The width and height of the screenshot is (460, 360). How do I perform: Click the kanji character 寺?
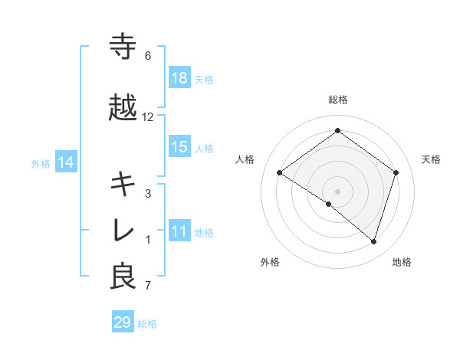click(123, 47)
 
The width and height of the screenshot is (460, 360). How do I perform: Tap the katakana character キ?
click(123, 184)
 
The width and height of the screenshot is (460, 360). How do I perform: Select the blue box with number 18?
click(179, 78)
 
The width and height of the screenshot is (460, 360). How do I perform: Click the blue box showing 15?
click(179, 147)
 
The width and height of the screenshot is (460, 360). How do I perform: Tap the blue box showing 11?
click(179, 231)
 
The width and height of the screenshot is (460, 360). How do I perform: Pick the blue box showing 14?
click(66, 162)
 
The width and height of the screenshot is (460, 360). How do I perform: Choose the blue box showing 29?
click(123, 322)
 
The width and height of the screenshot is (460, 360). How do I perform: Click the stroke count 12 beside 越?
click(148, 117)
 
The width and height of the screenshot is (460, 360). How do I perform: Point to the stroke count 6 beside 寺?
click(148, 56)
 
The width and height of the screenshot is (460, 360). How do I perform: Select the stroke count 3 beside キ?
click(148, 193)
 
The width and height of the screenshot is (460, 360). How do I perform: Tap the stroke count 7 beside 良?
click(148, 286)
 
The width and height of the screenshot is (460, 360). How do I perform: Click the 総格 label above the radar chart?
click(337, 100)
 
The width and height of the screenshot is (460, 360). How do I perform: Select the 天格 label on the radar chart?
click(432, 159)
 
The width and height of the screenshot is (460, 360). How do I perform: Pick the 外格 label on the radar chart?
click(270, 262)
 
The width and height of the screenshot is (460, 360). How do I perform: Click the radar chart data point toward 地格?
click(373, 241)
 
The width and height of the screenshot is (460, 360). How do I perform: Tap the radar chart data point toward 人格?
click(280, 173)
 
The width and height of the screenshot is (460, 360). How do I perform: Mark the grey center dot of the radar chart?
click(337, 191)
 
